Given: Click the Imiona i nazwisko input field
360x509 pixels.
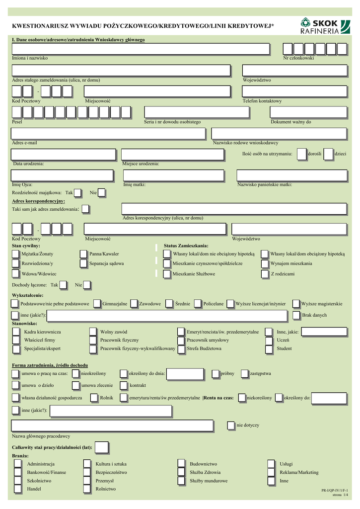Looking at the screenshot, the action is [141, 49].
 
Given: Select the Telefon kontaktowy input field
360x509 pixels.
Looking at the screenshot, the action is [294, 91].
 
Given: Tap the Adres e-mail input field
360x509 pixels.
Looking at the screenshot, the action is [108, 134].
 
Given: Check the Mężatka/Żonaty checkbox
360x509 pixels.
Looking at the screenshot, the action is [16, 254].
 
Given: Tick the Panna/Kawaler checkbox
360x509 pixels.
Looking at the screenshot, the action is [83, 254].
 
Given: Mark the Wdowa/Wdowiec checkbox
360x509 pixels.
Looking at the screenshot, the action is [16, 274].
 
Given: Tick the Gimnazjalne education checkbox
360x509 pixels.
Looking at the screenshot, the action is [97, 303].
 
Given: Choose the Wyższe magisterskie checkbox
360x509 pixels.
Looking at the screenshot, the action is [296, 303].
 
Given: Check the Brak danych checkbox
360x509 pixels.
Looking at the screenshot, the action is [296, 315].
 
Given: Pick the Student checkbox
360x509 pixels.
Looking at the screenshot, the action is [269, 349].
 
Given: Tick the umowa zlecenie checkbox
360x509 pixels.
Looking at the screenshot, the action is [75, 385].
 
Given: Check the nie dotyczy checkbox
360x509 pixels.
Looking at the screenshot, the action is [231, 425].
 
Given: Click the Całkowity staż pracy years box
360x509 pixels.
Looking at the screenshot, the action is [101, 447].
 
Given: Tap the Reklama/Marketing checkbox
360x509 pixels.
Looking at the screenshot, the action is [271, 472].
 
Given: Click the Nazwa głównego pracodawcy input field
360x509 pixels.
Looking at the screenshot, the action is [112, 425].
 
